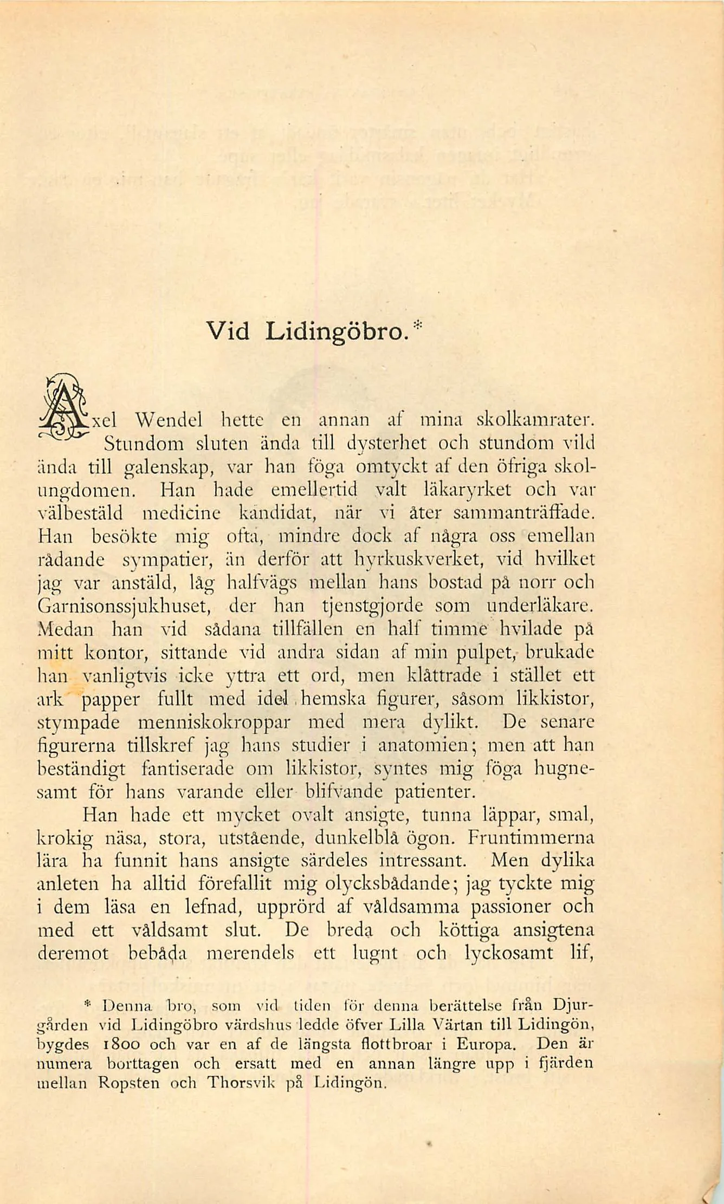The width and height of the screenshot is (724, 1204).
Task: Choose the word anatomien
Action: [x=423, y=746]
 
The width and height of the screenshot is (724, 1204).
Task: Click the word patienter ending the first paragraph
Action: [x=435, y=792]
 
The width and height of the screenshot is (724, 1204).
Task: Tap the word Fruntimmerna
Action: [x=531, y=838]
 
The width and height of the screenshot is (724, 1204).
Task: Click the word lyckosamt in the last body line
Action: [x=509, y=953]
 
